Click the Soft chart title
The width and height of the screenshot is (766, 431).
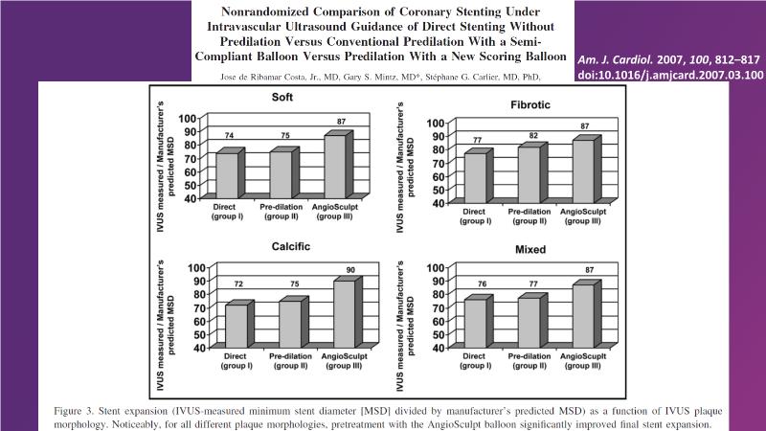click(282, 97)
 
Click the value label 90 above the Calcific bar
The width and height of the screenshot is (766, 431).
click(351, 270)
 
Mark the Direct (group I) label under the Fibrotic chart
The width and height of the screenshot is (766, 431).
click(474, 215)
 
